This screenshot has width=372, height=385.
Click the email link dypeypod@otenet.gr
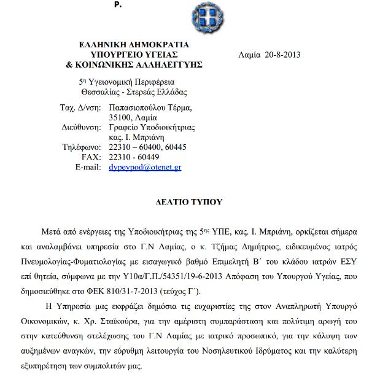pos(144,166)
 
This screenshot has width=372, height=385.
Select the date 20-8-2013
pos(282,55)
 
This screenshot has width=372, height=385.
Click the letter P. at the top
pos(118,4)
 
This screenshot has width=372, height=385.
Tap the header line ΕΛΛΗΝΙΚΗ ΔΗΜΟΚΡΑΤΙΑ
pos(134,45)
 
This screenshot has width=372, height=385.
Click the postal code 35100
pos(120,117)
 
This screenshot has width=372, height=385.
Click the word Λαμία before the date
pos(249,55)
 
